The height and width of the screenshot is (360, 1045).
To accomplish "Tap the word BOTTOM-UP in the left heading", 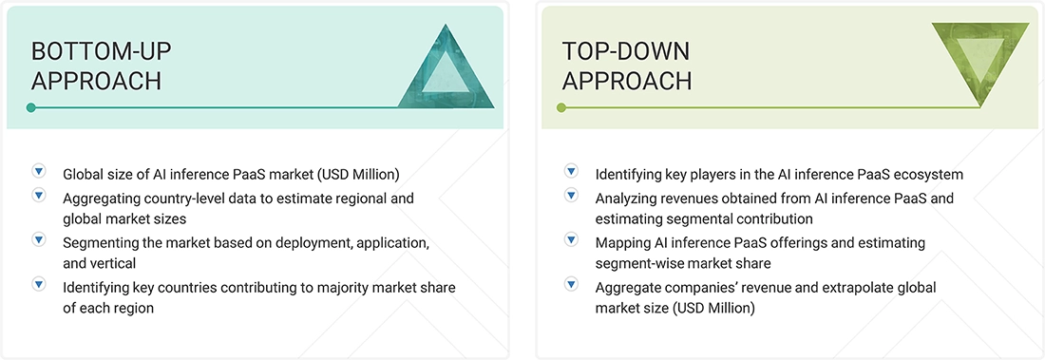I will click(x=102, y=50).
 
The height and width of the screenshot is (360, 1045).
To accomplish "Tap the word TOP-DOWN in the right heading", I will click(x=626, y=50).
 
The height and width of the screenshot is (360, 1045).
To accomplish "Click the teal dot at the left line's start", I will click(x=31, y=107).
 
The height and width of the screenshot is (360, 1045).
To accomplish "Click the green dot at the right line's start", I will click(x=561, y=107).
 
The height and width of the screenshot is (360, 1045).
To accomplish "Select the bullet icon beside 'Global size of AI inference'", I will click(x=39, y=172).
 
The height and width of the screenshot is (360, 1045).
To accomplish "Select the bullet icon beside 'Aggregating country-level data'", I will click(x=39, y=196).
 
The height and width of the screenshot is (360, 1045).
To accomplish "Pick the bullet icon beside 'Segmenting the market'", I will click(x=39, y=239).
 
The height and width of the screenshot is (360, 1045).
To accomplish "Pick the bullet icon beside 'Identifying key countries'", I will click(x=39, y=283).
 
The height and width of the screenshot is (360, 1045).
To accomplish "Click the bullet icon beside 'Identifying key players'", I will click(x=571, y=172).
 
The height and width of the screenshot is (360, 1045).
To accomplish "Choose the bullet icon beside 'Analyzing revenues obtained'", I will click(x=571, y=196).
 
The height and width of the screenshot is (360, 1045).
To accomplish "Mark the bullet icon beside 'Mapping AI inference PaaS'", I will click(x=571, y=239).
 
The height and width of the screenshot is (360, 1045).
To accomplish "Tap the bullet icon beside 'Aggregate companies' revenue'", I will click(x=571, y=283).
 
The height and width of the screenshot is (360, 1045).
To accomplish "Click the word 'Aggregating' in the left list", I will click(x=105, y=199).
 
